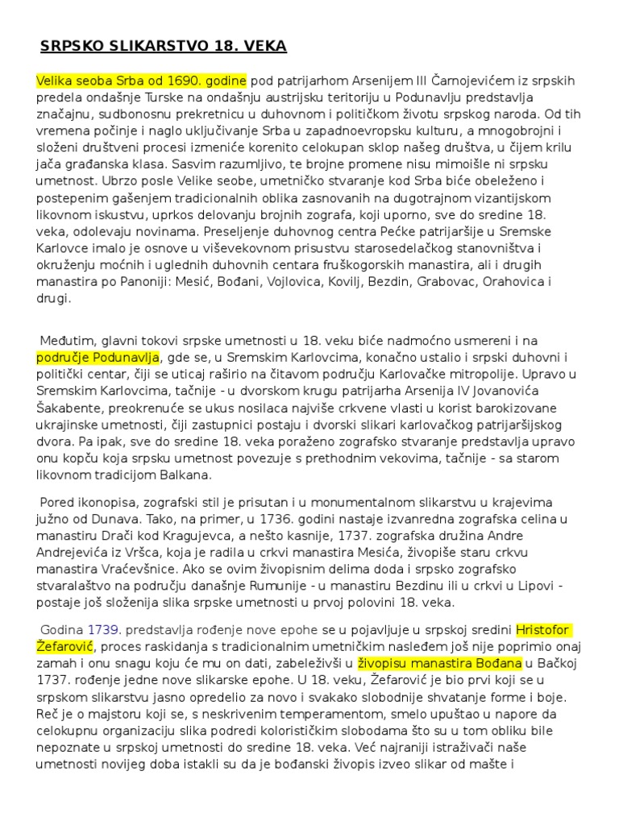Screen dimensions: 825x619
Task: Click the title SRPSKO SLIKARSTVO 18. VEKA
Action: [164, 46]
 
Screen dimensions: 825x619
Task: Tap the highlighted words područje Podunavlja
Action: [98, 357]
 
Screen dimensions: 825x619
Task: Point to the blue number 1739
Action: [103, 628]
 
